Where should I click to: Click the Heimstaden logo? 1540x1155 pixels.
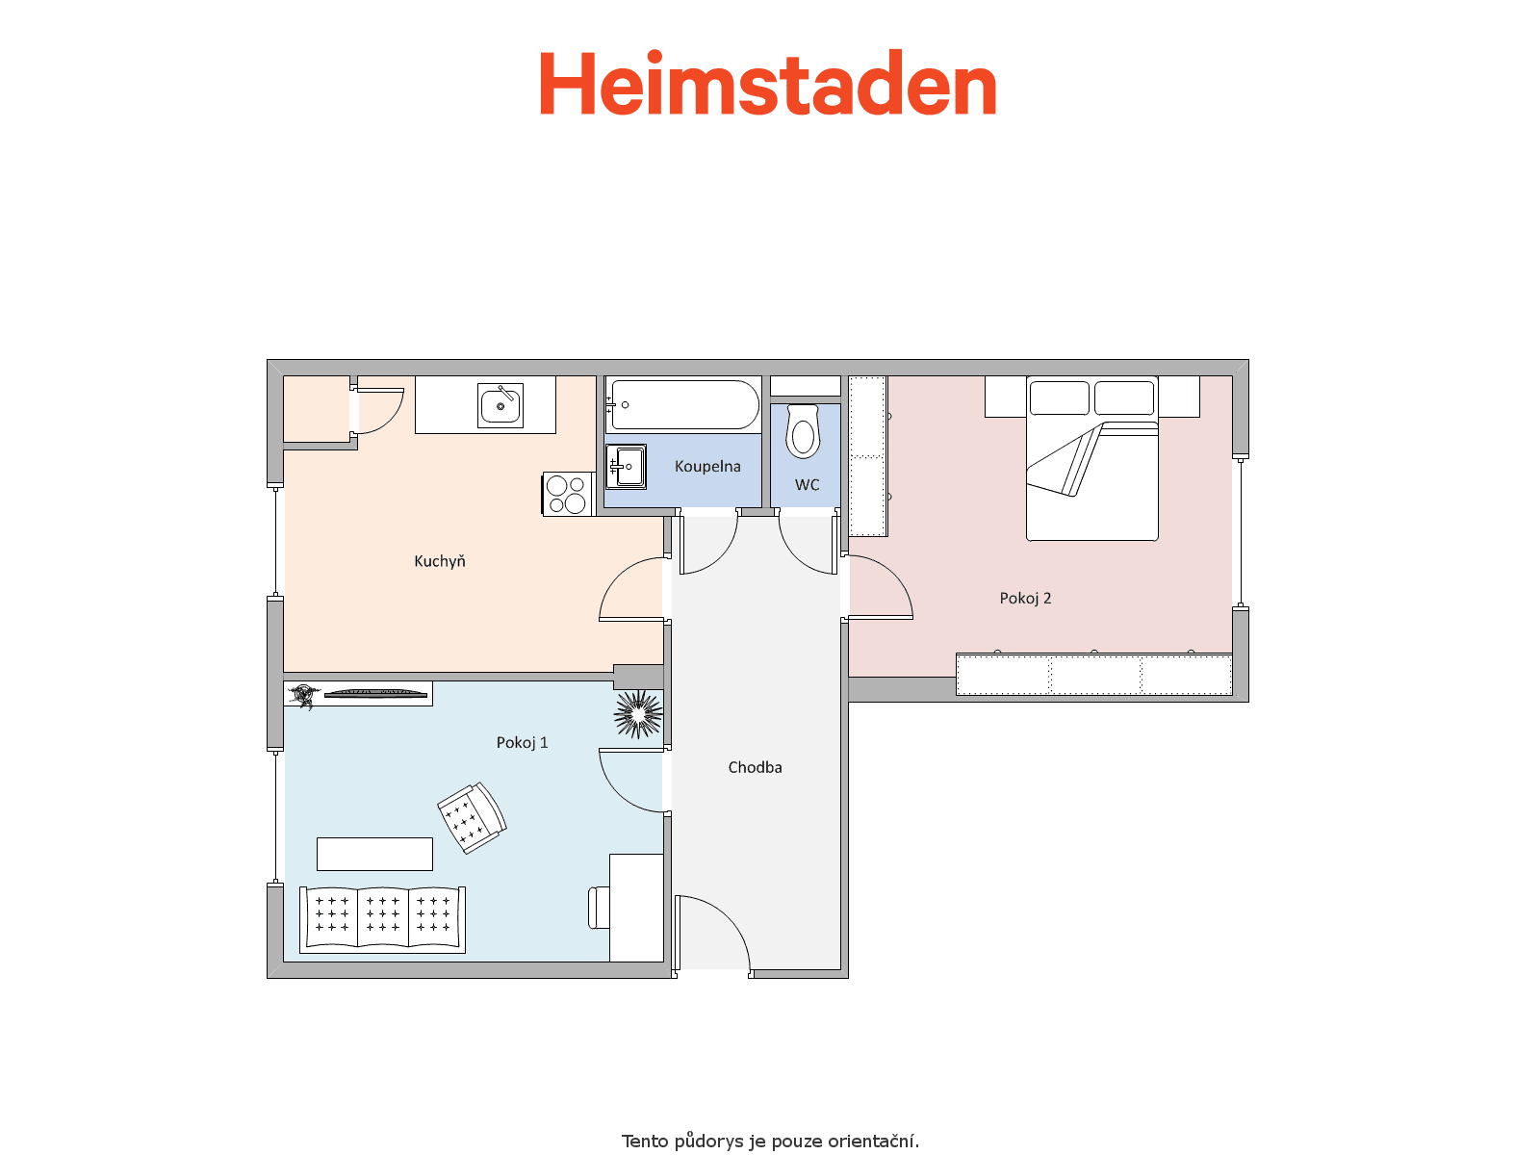click(x=767, y=83)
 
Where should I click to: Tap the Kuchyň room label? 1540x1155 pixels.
click(x=439, y=561)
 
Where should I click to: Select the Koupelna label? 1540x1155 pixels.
click(x=707, y=467)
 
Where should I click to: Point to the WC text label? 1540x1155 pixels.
click(x=807, y=484)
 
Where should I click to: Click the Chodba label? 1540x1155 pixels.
click(x=755, y=767)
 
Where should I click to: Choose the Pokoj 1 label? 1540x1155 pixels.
click(x=522, y=743)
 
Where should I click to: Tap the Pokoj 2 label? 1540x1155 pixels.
click(x=1025, y=598)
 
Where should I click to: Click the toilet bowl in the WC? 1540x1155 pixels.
click(x=804, y=432)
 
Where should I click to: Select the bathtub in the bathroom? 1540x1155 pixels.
click(x=682, y=404)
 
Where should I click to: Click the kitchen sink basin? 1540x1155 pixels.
click(x=500, y=405)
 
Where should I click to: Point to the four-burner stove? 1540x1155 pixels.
click(x=568, y=495)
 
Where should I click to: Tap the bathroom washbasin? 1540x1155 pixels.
click(x=626, y=467)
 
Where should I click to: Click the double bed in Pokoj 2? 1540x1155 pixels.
click(x=1091, y=459)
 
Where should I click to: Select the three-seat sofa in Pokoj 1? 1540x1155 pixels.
click(x=382, y=919)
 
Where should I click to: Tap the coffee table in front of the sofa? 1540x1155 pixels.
click(x=374, y=854)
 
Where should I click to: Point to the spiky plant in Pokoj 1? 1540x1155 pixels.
click(x=638, y=714)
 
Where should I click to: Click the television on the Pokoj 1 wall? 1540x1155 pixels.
click(x=375, y=694)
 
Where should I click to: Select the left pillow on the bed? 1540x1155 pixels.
click(x=1060, y=398)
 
